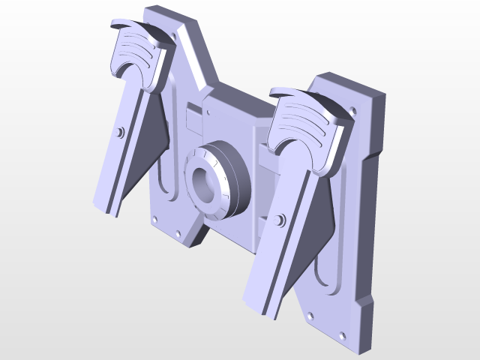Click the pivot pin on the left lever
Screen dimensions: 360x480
120,133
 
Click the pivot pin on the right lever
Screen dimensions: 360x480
280,220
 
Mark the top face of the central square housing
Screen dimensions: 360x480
236,105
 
